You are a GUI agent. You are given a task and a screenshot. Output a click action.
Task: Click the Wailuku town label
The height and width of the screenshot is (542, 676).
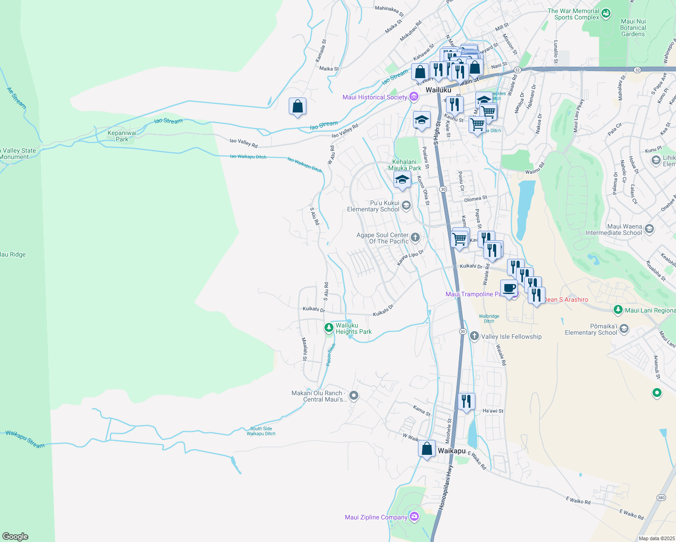click(438, 90)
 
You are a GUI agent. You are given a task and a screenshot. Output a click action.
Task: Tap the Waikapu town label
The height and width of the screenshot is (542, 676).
click(451, 451)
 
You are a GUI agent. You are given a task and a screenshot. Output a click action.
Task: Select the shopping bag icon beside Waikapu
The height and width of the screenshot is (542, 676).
click(427, 449)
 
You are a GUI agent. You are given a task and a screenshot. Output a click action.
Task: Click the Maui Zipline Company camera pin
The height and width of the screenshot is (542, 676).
click(414, 517)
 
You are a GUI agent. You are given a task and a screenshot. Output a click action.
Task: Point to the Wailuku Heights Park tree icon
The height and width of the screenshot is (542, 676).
click(329, 327)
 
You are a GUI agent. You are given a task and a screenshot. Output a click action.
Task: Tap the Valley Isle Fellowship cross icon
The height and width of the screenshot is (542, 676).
click(474, 336)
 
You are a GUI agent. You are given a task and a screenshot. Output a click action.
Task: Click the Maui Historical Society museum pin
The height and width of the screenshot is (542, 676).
click(413, 97)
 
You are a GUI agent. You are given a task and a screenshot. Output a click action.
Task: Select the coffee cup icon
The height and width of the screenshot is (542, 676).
click(509, 288)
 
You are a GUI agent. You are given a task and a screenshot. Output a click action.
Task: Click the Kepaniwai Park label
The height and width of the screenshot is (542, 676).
click(122, 136)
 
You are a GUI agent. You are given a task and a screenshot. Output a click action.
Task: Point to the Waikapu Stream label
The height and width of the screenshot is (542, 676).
click(25, 439)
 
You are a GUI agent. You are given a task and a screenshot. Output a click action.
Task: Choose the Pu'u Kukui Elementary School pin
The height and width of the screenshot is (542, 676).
click(406, 206)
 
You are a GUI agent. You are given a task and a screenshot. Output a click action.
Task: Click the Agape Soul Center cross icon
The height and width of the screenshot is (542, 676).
click(415, 237)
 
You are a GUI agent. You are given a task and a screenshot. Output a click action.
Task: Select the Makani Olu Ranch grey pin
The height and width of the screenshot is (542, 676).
click(354, 396)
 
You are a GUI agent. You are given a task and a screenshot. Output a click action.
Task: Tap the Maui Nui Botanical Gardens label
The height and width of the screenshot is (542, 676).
click(633, 28)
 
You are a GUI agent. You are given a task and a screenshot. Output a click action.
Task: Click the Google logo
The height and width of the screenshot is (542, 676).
click(15, 537)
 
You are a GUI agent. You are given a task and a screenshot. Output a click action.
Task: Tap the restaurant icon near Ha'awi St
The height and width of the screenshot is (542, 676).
click(466, 401)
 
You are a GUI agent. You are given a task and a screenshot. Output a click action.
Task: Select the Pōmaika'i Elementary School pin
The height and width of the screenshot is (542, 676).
click(624, 328)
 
